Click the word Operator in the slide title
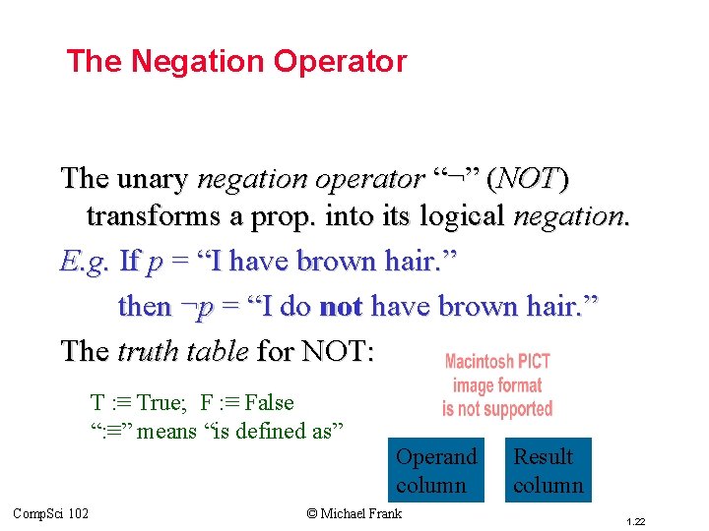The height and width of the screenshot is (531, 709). point(341,62)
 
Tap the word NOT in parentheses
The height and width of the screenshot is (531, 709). point(532,179)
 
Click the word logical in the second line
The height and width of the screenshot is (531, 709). point(460,215)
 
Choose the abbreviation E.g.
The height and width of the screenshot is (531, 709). point(84,262)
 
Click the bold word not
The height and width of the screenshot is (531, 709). point(342,307)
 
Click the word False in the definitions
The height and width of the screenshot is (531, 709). point(269,402)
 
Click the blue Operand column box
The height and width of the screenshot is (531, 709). point(435,470)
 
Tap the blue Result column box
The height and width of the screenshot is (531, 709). point(548,470)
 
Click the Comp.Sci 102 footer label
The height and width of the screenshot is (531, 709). point(50,512)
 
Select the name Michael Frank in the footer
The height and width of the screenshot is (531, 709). point(362,512)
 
